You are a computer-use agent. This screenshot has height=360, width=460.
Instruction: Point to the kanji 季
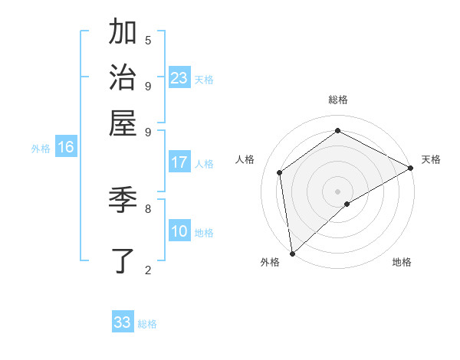tap(123, 200)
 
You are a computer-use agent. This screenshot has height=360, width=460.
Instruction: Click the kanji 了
tap(123, 260)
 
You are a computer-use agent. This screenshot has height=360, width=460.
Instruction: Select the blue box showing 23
tap(179, 78)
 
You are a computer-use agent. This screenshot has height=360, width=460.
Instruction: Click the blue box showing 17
tap(179, 162)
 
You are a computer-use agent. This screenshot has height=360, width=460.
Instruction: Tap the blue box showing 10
tap(179, 231)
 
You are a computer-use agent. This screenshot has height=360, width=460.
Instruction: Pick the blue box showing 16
tap(65, 147)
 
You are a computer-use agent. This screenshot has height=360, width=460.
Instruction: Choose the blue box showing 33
tap(123, 322)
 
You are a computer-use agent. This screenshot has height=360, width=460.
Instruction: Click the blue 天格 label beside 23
tap(203, 80)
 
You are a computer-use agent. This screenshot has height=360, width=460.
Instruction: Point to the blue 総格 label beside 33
tap(147, 324)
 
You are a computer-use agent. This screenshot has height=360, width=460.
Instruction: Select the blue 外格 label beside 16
tap(41, 149)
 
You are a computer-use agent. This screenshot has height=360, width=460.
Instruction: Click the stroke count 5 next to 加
tap(148, 40)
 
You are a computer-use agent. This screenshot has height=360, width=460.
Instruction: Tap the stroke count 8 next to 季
tap(148, 208)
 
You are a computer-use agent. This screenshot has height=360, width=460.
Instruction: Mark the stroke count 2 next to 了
tap(148, 269)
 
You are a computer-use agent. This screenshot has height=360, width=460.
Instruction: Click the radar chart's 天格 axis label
tap(431, 159)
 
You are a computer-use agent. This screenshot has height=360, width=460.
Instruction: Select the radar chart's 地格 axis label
tap(402, 262)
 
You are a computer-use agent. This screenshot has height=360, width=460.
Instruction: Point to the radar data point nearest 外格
tap(292, 253)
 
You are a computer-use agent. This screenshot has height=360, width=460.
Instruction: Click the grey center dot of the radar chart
tap(337, 191)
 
